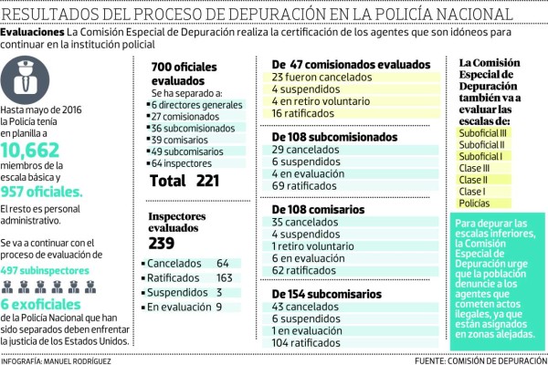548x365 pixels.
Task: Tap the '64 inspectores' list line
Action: pyautogui.click(x=186, y=163)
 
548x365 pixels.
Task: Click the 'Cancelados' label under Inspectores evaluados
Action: pyautogui.click(x=174, y=263)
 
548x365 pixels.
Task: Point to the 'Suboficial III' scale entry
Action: pyautogui.click(x=484, y=132)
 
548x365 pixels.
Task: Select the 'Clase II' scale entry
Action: pyautogui.click(x=474, y=180)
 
